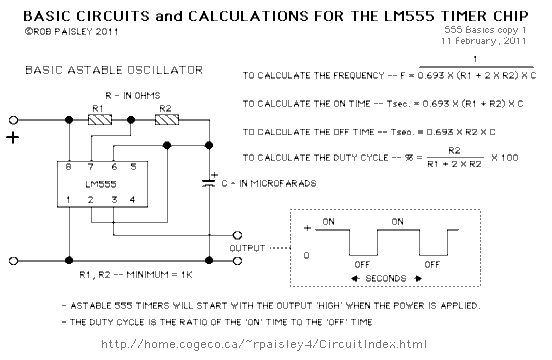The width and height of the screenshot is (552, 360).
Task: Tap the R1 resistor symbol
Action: (101, 118)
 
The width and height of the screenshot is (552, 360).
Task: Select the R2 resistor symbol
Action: (165, 118)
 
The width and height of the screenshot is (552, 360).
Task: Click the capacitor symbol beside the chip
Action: (210, 184)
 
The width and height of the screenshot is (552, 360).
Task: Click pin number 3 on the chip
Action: (114, 201)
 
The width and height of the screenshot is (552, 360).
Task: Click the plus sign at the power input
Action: (14, 137)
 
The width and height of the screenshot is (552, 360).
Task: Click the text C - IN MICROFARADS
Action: (271, 183)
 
